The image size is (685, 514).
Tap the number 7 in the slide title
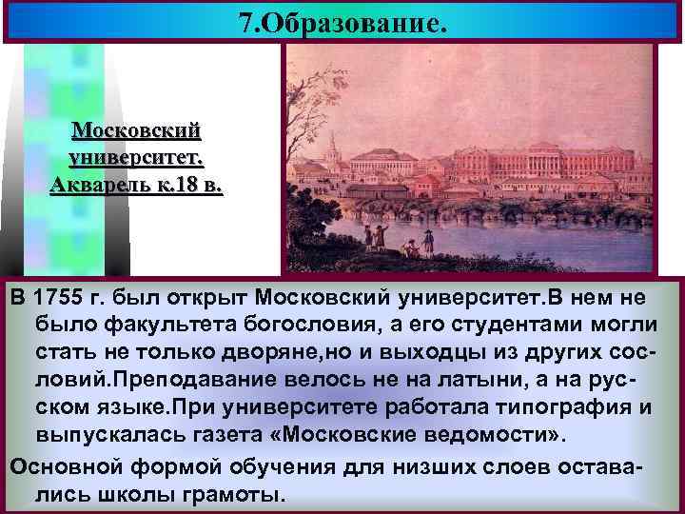(x=246, y=22)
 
